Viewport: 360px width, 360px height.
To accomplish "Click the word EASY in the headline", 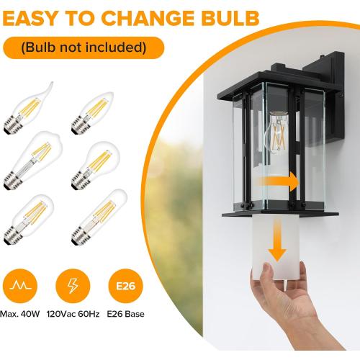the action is tap(30, 18).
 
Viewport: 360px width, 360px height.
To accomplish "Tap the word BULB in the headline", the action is tap(230, 18).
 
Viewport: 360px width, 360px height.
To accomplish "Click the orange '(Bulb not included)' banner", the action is tap(84, 48).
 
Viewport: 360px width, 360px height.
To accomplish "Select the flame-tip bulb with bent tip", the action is tap(28, 108).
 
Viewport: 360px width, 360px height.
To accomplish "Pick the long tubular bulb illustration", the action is tap(99, 217).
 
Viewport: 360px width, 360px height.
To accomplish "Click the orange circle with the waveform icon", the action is tap(20, 286).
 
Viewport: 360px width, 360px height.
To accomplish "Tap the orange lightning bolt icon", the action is tap(73, 286).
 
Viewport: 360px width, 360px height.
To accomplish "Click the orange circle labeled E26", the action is tap(125, 286).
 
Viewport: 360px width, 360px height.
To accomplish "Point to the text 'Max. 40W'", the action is tap(20, 314).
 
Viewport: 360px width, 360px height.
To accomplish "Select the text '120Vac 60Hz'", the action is tap(73, 314).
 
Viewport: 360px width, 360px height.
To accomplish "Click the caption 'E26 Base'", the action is tap(125, 314).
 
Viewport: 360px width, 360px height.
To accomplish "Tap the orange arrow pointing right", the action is tap(279, 181).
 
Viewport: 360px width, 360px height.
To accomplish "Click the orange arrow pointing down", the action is tap(277, 240).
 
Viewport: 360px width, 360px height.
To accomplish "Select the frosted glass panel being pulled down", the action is tap(276, 247).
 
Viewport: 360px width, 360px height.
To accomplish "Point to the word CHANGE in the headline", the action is tap(147, 18).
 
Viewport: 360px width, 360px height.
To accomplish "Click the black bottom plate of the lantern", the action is tap(280, 214).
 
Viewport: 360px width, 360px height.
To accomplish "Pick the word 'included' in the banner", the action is tap(116, 47).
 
